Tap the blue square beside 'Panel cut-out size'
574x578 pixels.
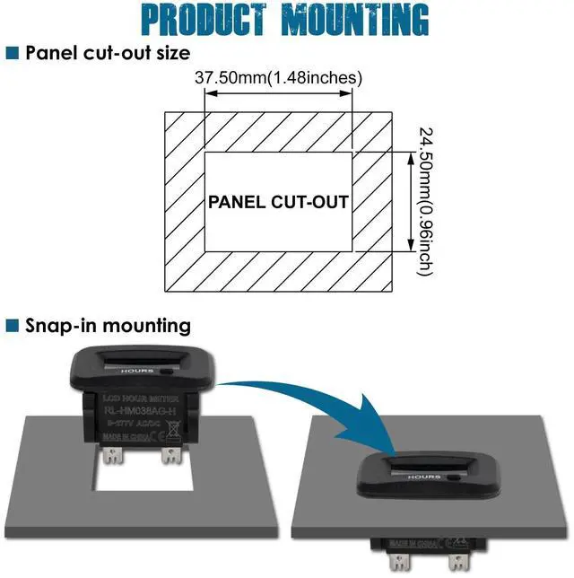(x=13, y=52)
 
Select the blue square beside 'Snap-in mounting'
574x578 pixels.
(x=13, y=325)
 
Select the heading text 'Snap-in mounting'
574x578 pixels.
(x=109, y=325)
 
